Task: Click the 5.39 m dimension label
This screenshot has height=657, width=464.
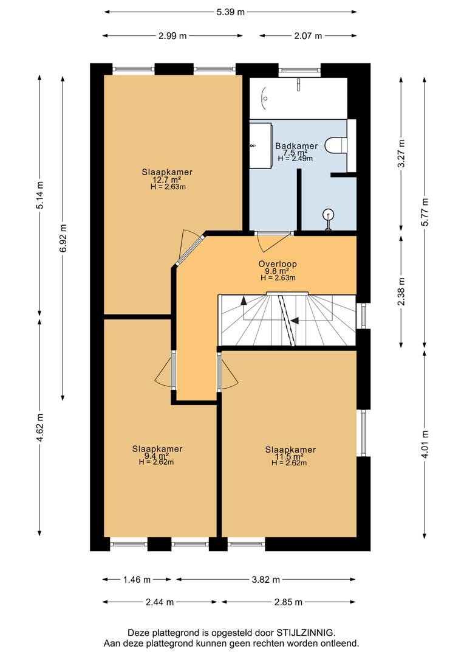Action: pos(230,12)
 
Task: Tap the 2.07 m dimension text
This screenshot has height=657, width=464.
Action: pos(308,36)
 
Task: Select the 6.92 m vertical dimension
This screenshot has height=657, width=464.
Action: pos(63,238)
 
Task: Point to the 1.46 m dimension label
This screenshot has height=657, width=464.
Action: pos(137,580)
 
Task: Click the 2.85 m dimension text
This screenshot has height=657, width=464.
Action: pos(288,602)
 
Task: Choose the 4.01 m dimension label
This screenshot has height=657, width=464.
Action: pos(425,445)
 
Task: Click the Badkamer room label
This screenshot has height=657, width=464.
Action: pos(296,146)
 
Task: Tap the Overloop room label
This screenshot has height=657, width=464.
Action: pos(278,264)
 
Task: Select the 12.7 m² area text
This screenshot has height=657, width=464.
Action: pos(163,179)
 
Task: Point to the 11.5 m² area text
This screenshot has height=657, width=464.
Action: pos(289,457)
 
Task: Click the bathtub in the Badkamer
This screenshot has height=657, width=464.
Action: pos(298,99)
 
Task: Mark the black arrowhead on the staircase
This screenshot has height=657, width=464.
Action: pos(295,321)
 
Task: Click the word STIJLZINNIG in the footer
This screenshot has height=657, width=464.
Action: pos(305,632)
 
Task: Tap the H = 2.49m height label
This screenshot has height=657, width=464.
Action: pos(295,158)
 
